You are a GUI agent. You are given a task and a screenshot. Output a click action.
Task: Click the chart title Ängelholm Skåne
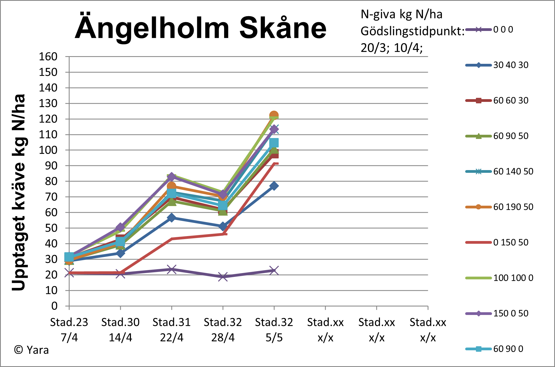pyautogui.click(x=201, y=28)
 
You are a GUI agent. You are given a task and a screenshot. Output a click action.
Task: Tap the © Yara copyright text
pyautogui.click(x=31, y=350)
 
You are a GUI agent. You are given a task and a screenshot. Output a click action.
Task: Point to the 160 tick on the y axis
pyautogui.click(x=48, y=57)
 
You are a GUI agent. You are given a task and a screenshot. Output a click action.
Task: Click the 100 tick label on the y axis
pyautogui.click(x=48, y=150)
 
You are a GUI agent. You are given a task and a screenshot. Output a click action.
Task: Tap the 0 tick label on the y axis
pyautogui.click(x=54, y=306)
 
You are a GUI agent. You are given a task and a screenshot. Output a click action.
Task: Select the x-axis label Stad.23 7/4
pyautogui.click(x=69, y=330)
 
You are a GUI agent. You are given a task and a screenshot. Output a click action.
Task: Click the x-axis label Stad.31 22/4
pyautogui.click(x=171, y=330)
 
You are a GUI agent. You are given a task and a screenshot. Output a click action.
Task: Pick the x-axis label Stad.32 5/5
pyautogui.click(x=274, y=330)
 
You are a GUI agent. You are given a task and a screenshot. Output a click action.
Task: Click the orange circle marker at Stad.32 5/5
pyautogui.click(x=274, y=116)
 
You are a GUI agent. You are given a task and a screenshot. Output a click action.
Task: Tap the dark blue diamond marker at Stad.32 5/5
pyautogui.click(x=274, y=186)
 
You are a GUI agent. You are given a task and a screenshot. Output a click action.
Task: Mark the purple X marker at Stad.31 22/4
pyautogui.click(x=171, y=269)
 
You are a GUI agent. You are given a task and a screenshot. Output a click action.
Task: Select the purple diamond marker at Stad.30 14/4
pyautogui.click(x=120, y=227)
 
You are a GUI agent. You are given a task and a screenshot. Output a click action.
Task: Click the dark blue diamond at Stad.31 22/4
pyautogui.click(x=171, y=218)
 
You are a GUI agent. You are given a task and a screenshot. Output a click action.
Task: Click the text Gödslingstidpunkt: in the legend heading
pyautogui.click(x=412, y=31)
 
